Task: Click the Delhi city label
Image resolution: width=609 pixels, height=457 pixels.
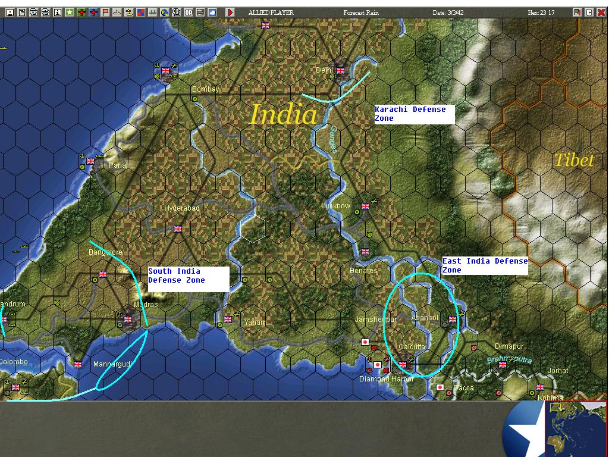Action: coord(324,70)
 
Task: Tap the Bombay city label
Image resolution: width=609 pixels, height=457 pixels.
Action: coord(205,89)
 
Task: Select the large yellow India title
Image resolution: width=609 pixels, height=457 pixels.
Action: coord(283,114)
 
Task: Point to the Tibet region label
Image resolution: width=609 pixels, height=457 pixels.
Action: coord(573,160)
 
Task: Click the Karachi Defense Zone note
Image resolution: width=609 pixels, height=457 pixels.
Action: coord(414,114)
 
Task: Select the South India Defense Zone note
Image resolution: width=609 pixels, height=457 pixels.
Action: coord(188,278)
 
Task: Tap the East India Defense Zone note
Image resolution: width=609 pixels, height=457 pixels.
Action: coord(485,265)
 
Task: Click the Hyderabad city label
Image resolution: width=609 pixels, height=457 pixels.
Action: coord(182,208)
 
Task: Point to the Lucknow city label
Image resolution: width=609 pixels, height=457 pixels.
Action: coord(335,206)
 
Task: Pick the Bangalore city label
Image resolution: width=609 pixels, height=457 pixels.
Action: coord(105,252)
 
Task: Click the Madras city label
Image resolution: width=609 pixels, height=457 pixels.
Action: coord(146,305)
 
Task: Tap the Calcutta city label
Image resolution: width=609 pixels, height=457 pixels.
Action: coord(412,346)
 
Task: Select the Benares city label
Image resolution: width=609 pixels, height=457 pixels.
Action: coord(363,271)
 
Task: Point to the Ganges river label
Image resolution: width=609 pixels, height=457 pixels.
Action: coord(334,139)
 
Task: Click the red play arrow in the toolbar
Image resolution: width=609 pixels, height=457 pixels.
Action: coord(230,12)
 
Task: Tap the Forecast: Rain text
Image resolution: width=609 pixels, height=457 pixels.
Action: coord(362,12)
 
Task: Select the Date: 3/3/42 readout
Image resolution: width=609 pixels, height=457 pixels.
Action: coord(448,12)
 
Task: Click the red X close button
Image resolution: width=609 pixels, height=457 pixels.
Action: coord(601,12)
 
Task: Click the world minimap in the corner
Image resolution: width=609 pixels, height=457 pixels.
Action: coord(576,429)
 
